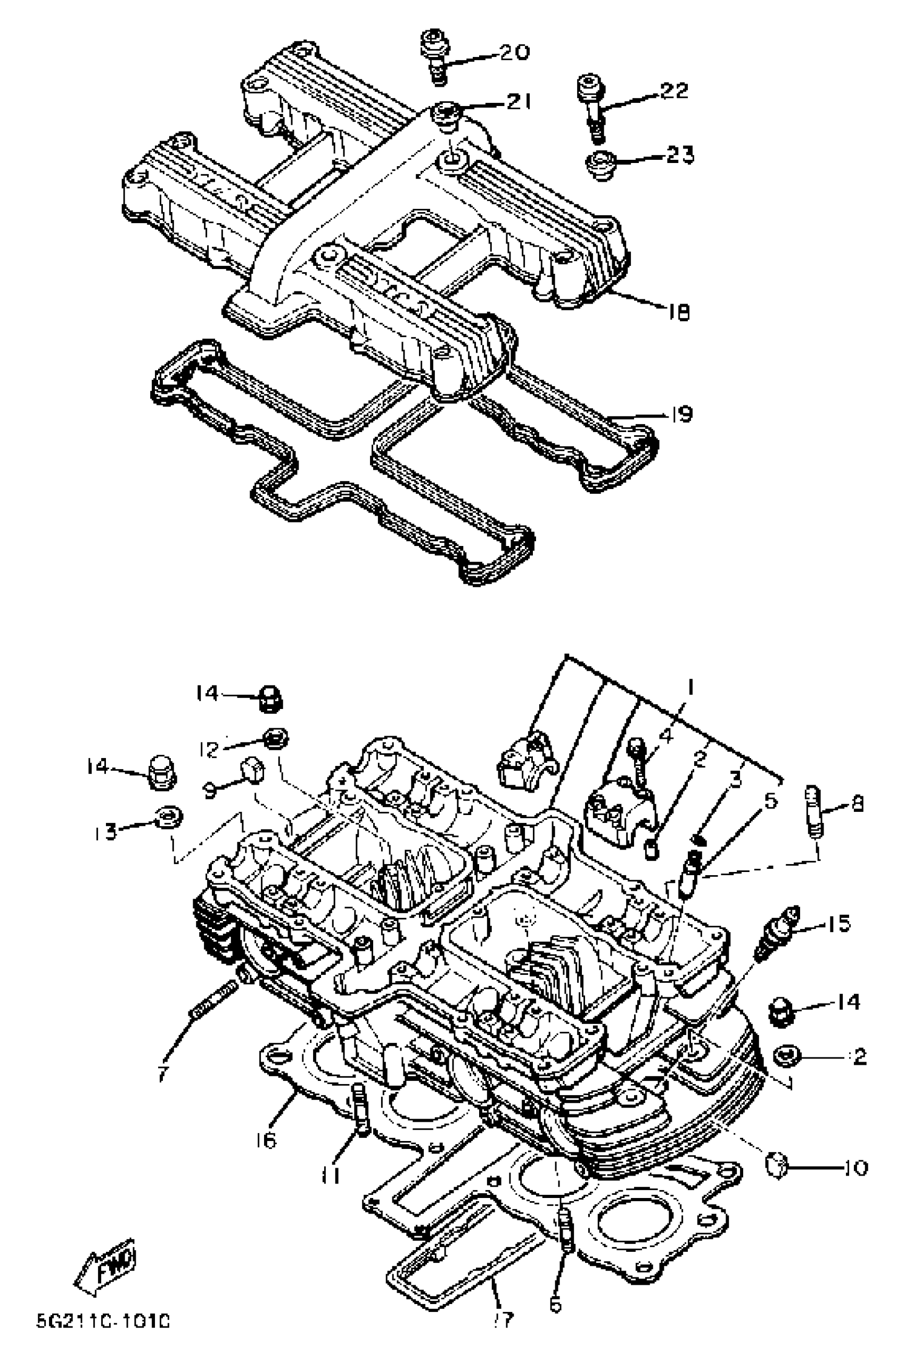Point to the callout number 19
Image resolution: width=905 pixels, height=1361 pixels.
[681, 414]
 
